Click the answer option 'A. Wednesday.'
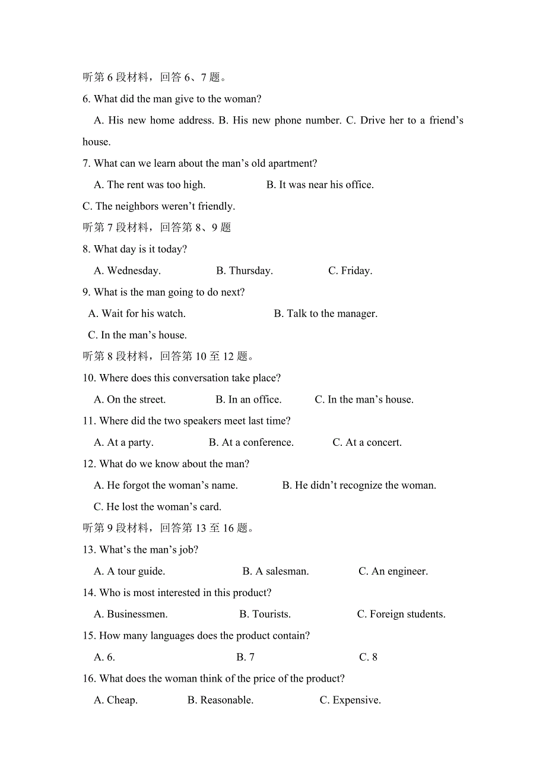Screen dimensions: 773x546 (x=127, y=271)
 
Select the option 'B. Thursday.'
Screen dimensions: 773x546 (x=245, y=271)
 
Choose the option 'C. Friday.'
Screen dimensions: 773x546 (x=350, y=271)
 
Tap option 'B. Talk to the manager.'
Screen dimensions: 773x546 (x=325, y=313)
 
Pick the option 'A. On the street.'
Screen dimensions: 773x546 (x=130, y=400)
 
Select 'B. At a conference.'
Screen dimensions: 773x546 (x=251, y=442)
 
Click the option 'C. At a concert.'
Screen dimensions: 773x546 (x=367, y=442)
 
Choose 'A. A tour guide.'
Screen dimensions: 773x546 (x=129, y=571)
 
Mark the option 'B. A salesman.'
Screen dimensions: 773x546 (x=275, y=571)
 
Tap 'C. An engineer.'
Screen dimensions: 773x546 (x=393, y=571)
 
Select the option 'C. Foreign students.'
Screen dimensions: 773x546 (x=401, y=614)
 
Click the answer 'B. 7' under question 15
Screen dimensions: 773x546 (x=245, y=657)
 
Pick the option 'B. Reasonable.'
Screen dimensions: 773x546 (x=220, y=700)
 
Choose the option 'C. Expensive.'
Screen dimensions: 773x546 (x=350, y=700)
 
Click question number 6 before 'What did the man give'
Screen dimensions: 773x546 (x=86, y=99)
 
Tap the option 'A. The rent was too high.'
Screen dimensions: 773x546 (x=150, y=185)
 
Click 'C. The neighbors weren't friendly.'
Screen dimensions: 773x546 (x=158, y=206)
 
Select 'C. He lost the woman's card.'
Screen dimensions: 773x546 (x=157, y=507)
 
